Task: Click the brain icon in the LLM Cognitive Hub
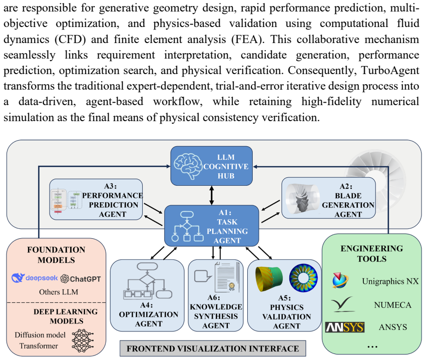[188, 166]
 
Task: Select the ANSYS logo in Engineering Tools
[345, 327]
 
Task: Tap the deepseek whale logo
[18, 278]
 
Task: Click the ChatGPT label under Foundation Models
[81, 279]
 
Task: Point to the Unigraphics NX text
[390, 281]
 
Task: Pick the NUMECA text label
[393, 305]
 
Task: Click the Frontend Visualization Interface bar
[213, 348]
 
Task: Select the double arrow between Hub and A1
[212, 195]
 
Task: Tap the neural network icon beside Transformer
[83, 340]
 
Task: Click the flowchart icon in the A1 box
[187, 226]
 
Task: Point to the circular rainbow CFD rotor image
[303, 278]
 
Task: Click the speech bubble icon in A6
[202, 276]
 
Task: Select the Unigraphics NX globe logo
[340, 280]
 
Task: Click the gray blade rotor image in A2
[302, 199]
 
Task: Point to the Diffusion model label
[40, 335]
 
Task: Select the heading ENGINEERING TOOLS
[371, 253]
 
